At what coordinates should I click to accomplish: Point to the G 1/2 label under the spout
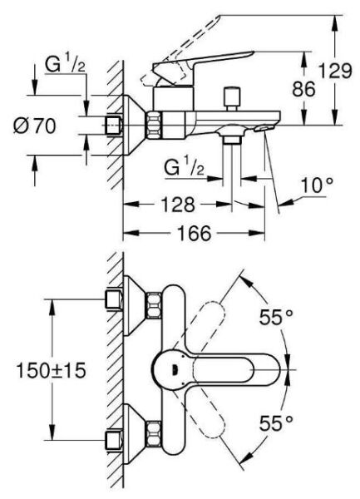tap(185, 169)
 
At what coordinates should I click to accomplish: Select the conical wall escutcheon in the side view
tap(132, 126)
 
